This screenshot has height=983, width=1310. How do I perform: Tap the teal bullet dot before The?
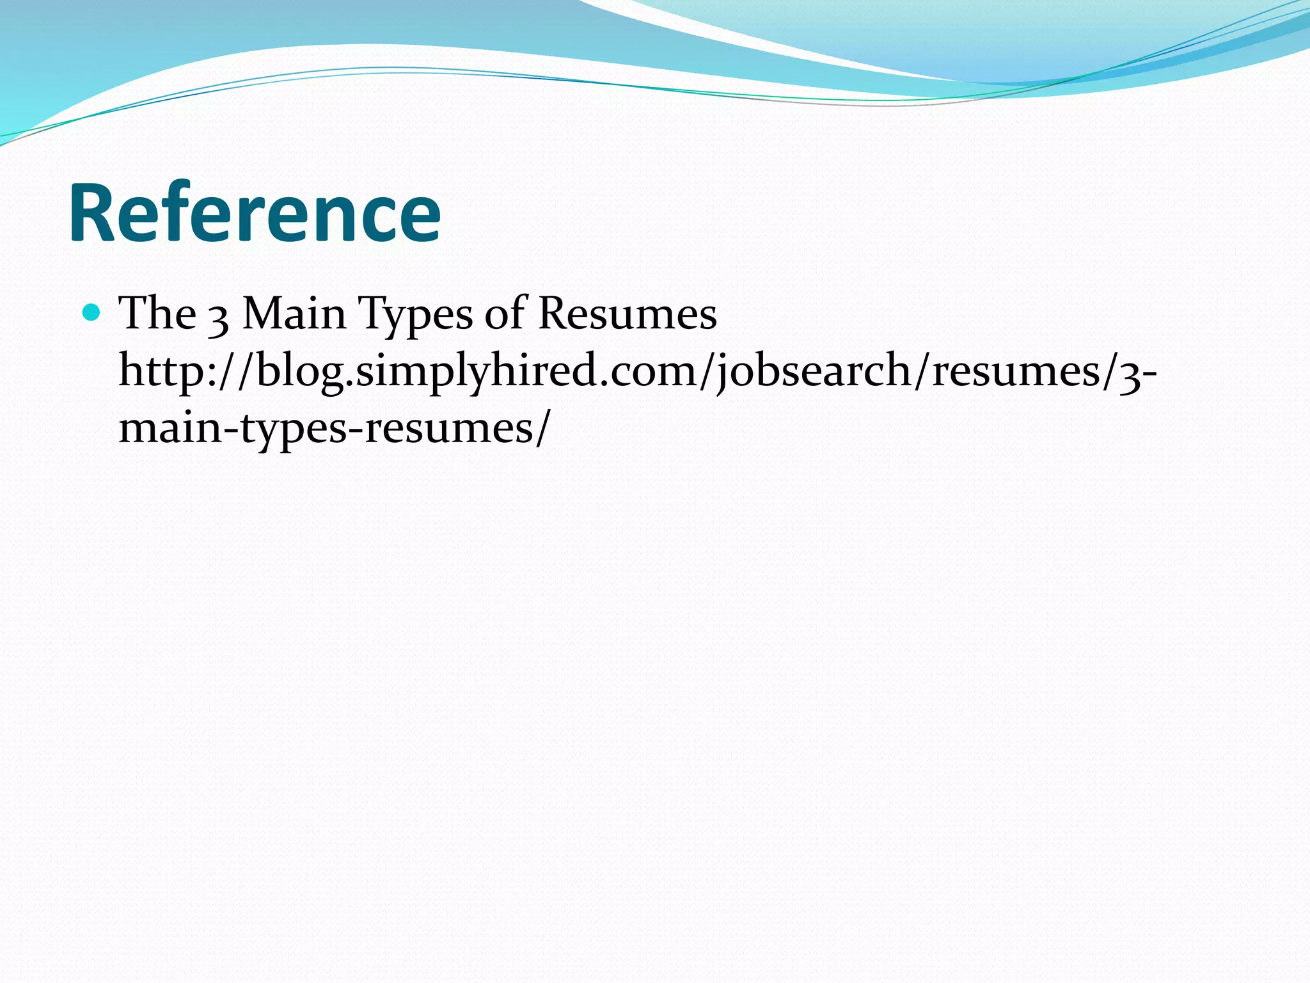click(93, 313)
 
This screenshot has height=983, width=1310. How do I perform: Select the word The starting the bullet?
click(157, 314)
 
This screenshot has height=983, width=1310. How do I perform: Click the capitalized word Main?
click(294, 314)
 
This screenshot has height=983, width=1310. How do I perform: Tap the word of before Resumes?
click(505, 314)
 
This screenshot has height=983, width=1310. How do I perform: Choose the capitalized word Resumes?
click(627, 314)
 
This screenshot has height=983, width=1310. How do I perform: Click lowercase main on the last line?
click(170, 428)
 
